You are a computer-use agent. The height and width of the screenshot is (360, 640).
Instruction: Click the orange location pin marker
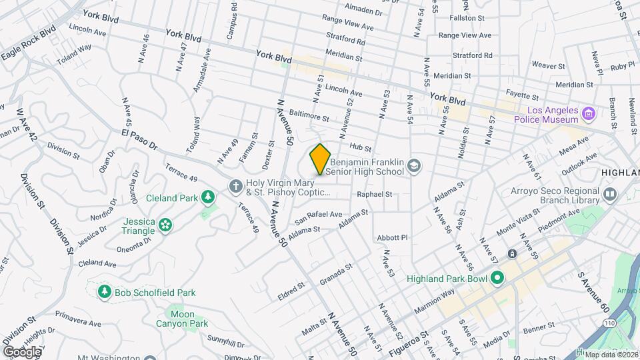tap(320, 159)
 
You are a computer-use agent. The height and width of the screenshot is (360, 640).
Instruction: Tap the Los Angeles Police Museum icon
tap(587, 113)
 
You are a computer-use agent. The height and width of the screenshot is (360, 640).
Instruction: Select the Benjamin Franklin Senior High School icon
tap(413, 165)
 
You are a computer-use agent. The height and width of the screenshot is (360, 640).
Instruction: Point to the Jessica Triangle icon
tap(165, 227)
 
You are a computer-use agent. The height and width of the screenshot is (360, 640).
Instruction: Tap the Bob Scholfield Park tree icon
tap(104, 292)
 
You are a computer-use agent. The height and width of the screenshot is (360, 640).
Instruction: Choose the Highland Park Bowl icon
tap(496, 278)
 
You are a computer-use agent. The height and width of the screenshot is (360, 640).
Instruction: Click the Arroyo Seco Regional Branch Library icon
tap(610, 194)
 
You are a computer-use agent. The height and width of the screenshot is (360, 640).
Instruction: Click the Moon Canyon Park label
tap(183, 319)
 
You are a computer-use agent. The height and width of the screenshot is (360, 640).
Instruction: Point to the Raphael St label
tap(374, 195)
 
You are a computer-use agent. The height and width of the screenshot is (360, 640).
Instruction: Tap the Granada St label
tap(335, 273)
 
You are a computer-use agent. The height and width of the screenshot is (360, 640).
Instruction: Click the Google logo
tap(21, 351)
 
